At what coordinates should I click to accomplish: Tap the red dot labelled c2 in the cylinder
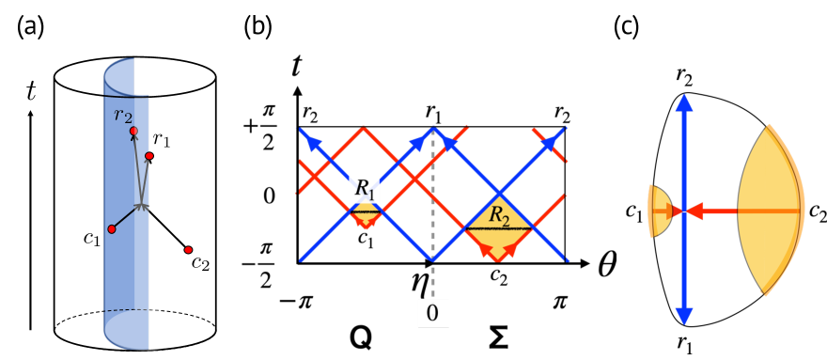click(188, 249)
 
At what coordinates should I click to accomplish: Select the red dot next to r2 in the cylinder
click(133, 131)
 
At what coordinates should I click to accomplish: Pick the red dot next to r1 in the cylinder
click(149, 154)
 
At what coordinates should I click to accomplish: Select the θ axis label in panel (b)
click(612, 266)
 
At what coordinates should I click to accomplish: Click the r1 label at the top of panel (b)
click(433, 113)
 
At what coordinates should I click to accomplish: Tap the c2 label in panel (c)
click(813, 211)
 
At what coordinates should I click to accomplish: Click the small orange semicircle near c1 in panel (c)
click(660, 211)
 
